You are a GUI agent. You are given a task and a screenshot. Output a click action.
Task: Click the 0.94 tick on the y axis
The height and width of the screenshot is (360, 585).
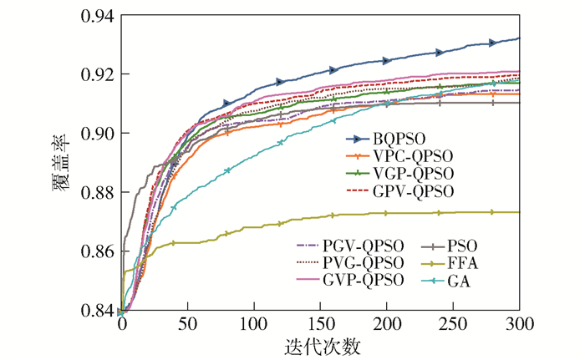(x=97, y=15)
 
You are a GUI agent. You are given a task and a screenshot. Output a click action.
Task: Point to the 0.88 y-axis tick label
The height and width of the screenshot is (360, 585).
(x=97, y=192)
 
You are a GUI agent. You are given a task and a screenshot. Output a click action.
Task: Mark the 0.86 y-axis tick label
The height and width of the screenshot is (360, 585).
(x=97, y=251)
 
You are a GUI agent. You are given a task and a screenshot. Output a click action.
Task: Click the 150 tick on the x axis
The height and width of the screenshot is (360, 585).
(x=320, y=324)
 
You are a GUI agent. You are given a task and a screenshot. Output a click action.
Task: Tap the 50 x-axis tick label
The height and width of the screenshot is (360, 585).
(x=187, y=324)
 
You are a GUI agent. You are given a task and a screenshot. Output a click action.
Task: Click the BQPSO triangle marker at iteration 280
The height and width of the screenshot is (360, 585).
(x=493, y=42)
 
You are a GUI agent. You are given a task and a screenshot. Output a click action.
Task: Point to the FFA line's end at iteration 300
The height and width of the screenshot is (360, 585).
(x=519, y=212)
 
